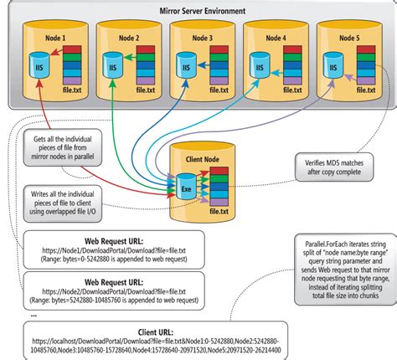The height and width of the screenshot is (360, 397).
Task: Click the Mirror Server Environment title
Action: point(198,11)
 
